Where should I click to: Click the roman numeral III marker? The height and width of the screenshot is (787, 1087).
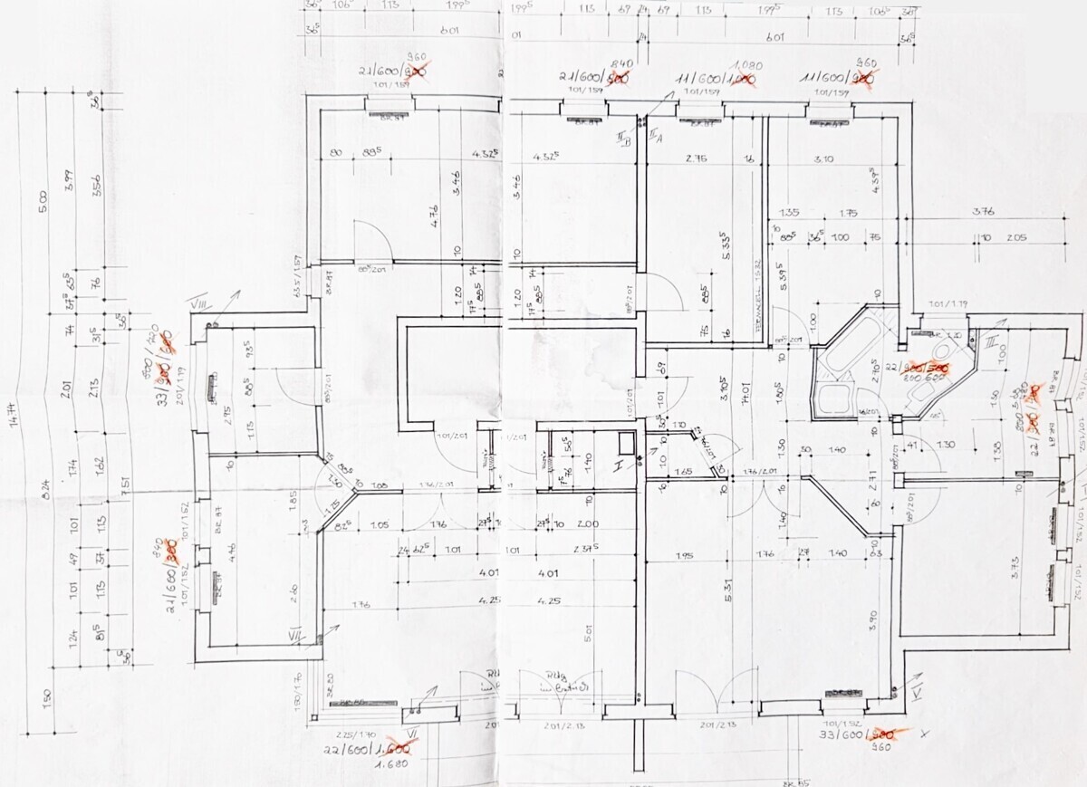(x=993, y=342)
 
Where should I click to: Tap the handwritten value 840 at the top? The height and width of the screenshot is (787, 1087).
(x=596, y=63)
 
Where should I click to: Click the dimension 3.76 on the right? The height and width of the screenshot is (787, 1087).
(x=983, y=212)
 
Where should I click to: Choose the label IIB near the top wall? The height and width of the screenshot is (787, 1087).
(x=623, y=138)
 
